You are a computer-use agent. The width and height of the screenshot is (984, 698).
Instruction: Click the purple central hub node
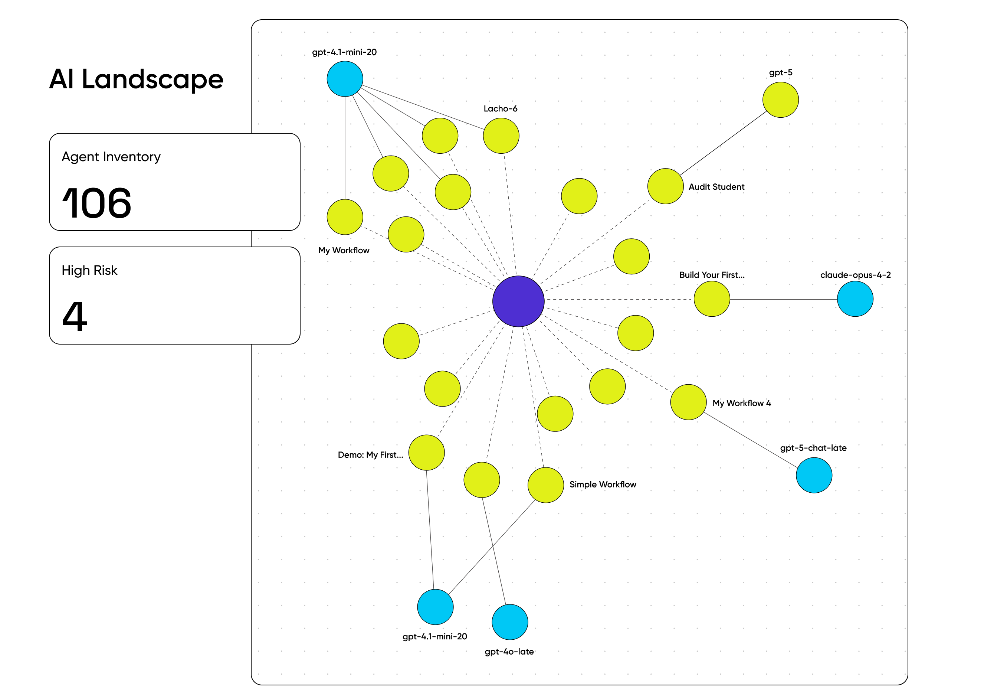point(518,301)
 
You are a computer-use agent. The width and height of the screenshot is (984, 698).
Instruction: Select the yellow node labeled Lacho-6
point(501,136)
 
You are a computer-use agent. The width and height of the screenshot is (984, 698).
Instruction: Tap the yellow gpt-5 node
point(780,100)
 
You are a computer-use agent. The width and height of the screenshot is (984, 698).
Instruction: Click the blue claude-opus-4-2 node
point(855,299)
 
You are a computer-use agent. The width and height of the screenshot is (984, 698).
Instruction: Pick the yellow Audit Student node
point(665,186)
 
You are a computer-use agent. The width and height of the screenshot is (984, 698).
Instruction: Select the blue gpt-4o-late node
point(510,622)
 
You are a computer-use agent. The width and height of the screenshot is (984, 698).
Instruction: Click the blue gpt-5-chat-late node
point(814,475)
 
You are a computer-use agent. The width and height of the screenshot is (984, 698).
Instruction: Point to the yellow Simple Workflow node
point(545,485)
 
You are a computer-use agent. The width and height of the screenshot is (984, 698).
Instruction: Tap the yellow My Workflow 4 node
point(688,402)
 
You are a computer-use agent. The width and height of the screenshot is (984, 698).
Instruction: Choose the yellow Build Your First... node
point(712,299)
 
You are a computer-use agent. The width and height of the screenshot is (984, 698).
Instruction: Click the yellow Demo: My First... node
point(426,453)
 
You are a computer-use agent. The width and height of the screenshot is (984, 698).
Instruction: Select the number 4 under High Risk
point(75,317)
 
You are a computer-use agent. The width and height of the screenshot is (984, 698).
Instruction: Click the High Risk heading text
point(89,270)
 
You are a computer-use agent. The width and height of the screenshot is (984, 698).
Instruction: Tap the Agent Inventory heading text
point(111,157)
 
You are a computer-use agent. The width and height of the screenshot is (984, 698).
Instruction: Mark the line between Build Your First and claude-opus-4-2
point(783,299)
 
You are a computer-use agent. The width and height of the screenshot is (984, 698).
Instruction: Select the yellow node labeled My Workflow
point(345,217)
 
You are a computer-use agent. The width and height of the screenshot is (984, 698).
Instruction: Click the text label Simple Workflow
point(603,485)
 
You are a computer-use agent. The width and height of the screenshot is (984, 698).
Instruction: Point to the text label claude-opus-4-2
point(855,275)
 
